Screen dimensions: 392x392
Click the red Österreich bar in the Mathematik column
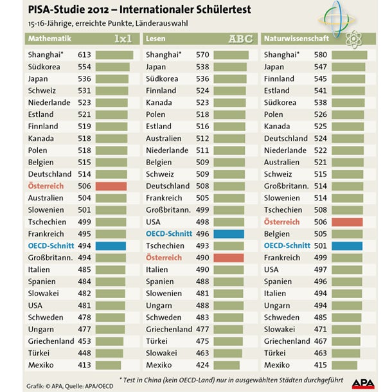tap(111, 186)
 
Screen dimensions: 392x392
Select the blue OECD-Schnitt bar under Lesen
tap(229, 234)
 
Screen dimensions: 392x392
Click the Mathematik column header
tap(49, 39)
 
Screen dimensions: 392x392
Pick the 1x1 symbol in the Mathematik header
tap(123, 39)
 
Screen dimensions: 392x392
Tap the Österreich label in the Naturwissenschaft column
tap(282, 222)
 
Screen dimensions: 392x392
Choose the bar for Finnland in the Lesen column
tap(229, 91)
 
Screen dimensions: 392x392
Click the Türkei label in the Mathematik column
tap(42, 353)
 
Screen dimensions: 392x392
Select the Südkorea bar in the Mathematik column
tap(112, 67)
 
